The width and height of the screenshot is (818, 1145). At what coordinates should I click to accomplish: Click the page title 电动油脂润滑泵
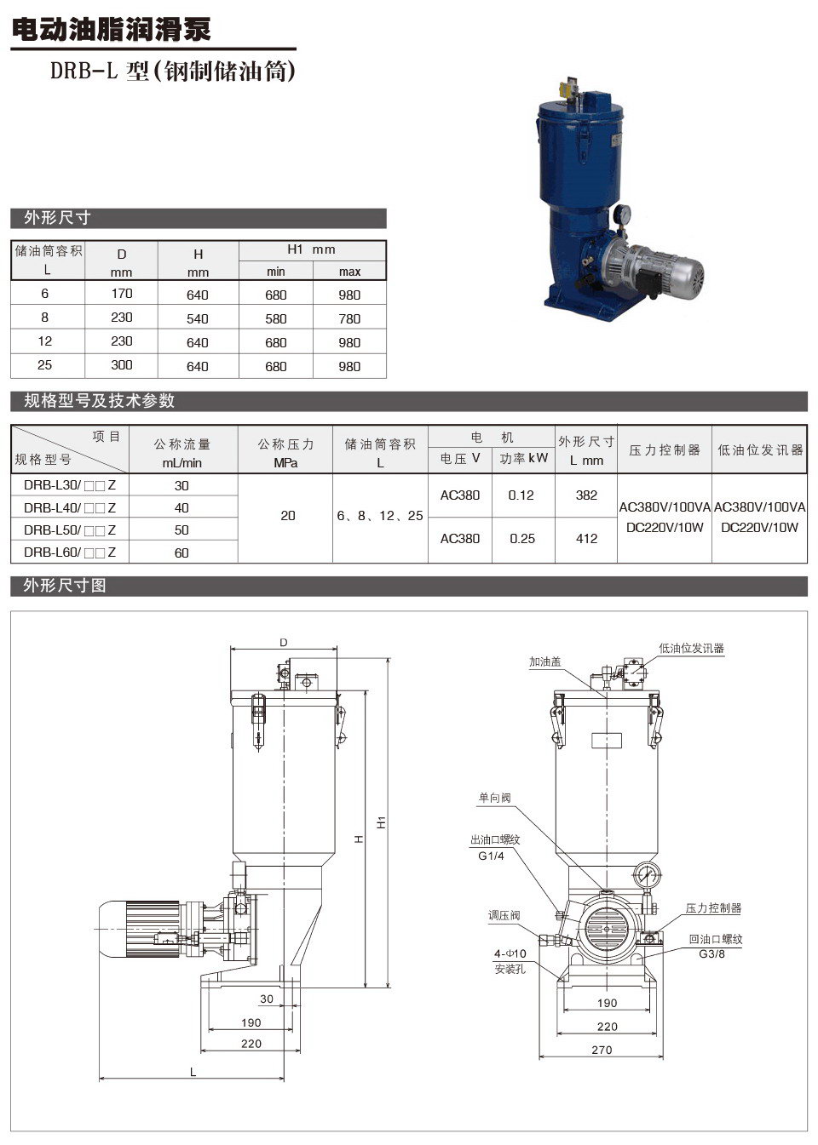coord(111,30)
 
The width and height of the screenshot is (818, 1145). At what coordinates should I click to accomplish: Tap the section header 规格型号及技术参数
coord(99,401)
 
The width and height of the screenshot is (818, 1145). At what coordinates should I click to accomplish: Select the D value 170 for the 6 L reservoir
coord(122,294)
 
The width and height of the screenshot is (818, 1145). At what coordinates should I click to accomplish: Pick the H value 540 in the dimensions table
coord(198,318)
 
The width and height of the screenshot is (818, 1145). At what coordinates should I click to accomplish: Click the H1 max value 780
coord(349,318)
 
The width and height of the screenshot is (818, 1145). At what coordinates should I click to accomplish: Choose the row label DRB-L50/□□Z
coord(70,530)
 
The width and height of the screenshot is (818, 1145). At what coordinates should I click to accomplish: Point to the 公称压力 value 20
coord(288,516)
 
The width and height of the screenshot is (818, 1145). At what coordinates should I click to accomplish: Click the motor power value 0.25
coord(521,539)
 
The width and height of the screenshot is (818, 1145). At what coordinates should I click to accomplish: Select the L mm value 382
coord(586,495)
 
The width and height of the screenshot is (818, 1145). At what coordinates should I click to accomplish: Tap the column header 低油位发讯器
coord(760,449)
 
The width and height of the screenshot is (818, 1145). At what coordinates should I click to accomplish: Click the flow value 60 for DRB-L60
coord(181,552)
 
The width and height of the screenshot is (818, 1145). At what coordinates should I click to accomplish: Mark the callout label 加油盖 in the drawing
coord(544,661)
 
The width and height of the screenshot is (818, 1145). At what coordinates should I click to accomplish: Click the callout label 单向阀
coord(494,799)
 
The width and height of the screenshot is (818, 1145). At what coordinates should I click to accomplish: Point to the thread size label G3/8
coord(712,953)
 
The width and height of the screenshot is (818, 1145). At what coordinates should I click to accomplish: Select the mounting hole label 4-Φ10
coord(510,953)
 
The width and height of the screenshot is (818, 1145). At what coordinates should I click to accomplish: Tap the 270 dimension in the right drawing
coord(602,1050)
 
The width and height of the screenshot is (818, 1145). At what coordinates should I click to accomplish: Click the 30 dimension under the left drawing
coord(267,999)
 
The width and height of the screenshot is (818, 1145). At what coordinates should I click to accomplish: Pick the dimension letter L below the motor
coord(193,1072)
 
